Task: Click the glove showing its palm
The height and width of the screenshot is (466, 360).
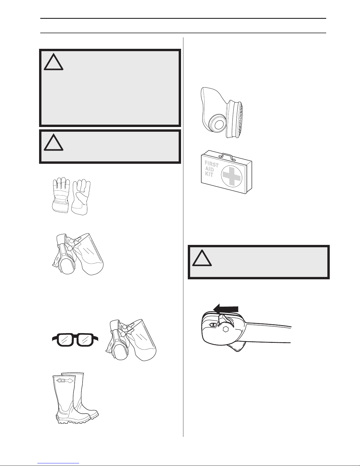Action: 81,197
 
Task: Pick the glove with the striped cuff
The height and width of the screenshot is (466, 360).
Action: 61,195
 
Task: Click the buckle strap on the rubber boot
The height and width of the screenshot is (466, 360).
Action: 65,381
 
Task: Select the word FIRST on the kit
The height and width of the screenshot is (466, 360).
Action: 212,163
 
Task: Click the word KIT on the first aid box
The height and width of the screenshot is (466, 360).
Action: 209,174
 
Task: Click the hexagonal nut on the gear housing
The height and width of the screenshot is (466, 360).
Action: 225,329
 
